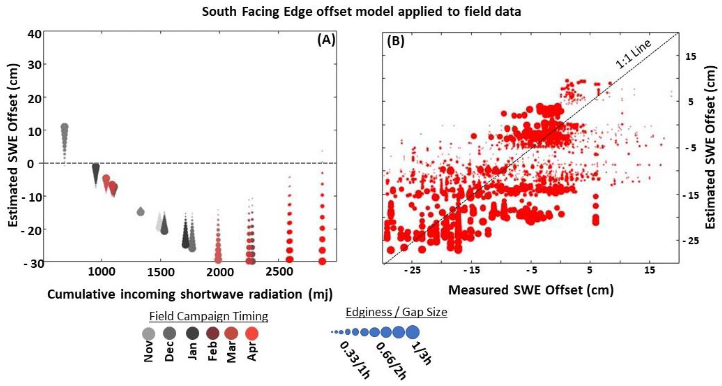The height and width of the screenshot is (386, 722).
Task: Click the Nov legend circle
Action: click(x=149, y=334)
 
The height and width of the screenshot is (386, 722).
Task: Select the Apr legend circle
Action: click(x=252, y=334)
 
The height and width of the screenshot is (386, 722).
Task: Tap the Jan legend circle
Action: click(x=193, y=333)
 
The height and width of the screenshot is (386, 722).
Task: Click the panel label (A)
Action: click(x=326, y=40)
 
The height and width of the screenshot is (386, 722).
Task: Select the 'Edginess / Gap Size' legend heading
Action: click(x=396, y=312)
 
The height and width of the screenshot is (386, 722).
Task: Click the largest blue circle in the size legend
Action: click(x=412, y=332)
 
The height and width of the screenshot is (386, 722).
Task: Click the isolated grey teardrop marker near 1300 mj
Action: click(x=141, y=211)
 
